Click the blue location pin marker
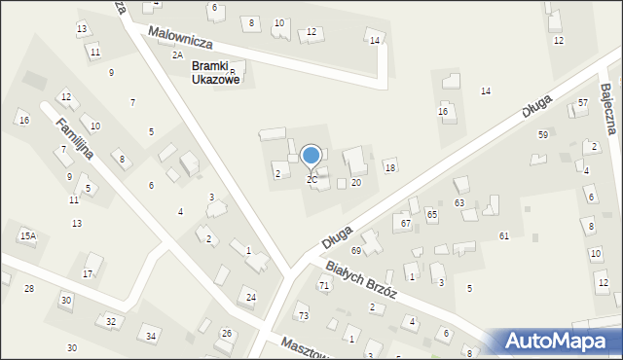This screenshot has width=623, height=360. (x=311, y=156)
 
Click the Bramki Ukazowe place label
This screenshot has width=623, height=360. (x=215, y=73)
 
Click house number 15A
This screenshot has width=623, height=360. (x=27, y=235)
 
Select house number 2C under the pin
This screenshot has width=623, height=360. (x=311, y=180)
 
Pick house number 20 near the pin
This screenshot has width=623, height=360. (x=356, y=182)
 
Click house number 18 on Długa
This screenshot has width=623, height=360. (x=390, y=168)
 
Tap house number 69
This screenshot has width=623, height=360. (x=356, y=251)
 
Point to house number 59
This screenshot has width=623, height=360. (x=542, y=134)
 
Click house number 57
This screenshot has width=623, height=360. (x=583, y=102)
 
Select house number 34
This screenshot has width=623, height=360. (x=151, y=337)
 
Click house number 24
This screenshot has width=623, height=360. (x=251, y=297)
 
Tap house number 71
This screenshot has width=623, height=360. (x=323, y=285)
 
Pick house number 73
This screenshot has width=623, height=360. (x=303, y=316)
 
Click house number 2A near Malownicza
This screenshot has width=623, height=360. (x=177, y=55)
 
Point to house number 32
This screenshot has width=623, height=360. (x=112, y=321)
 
